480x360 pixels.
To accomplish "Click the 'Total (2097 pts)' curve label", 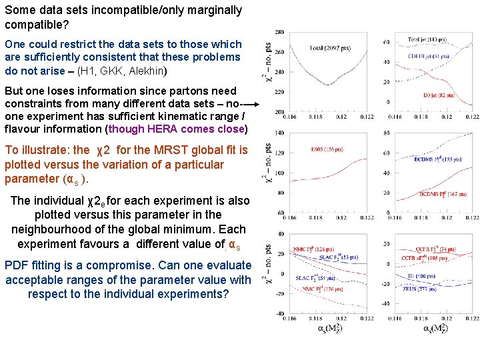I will pyautogui.click(x=332, y=47).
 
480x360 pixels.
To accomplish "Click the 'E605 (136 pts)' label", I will pyautogui.click(x=324, y=149).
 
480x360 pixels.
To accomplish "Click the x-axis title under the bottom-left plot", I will pyautogui.click(x=331, y=328).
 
